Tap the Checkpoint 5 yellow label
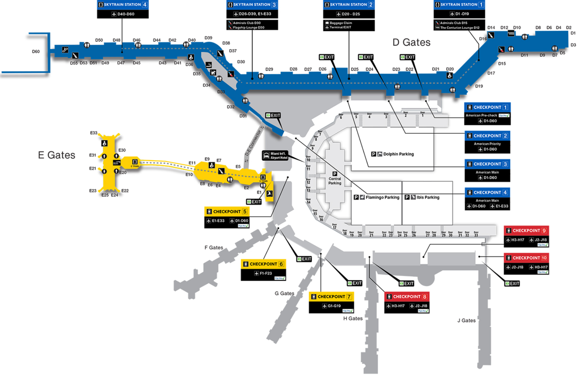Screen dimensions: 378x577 pos(227,211)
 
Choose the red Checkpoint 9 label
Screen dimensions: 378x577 pos(527,230)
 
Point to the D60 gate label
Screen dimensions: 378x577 pos(36,51)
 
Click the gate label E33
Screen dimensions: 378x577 pos(94,133)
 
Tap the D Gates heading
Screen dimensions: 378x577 pos(412,42)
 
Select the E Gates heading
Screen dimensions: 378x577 pos(57,155)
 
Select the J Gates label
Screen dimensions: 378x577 pos(466,320)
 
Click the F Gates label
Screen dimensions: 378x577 pos(213,248)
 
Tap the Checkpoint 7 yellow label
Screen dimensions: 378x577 pos(331,296)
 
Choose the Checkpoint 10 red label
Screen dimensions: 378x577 pos(527,257)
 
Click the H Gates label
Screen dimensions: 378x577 pos(352,318)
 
